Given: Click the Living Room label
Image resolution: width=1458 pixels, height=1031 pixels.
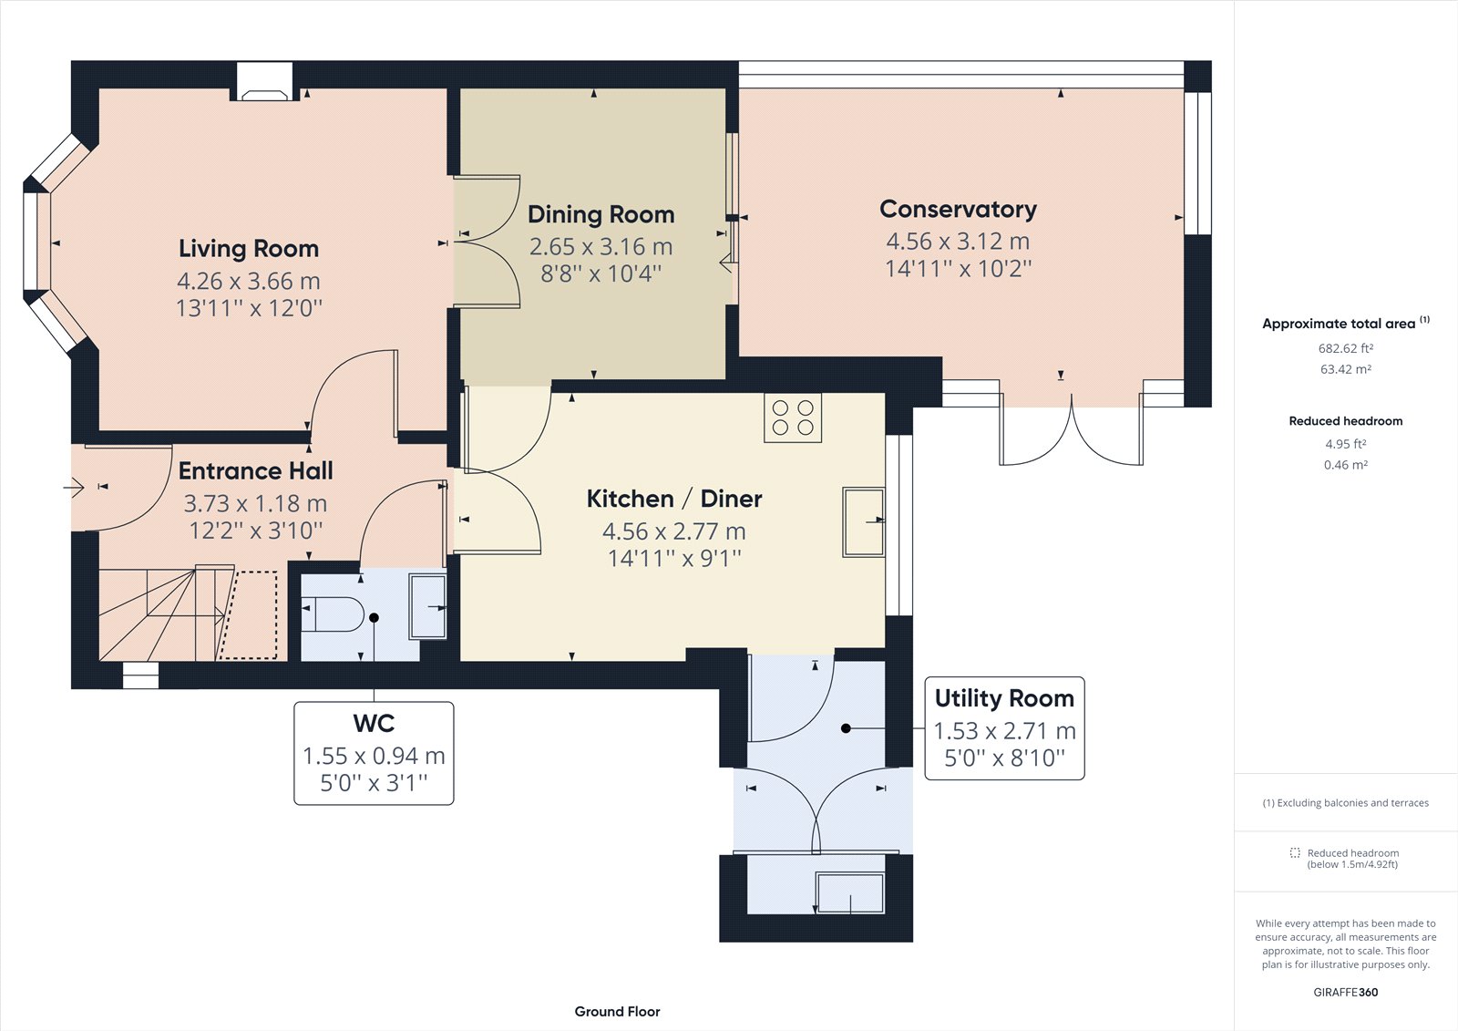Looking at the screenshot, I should point(248,248).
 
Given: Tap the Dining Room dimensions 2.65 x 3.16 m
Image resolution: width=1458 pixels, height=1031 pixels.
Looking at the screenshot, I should point(601,246).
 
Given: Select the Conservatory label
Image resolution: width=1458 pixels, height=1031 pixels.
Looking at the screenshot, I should point(958,209).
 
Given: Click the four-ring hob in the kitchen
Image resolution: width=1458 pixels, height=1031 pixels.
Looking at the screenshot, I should point(793,418).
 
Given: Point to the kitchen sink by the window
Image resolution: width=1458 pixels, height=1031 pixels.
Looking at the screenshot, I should point(862,522).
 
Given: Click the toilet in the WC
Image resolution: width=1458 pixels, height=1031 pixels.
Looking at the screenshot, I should point(334,614).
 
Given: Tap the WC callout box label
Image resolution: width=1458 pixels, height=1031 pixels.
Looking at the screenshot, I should point(374,724).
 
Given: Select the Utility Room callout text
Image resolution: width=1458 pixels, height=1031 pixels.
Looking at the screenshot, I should point(1004,698).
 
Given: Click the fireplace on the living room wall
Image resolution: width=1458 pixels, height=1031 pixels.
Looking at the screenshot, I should point(264,82).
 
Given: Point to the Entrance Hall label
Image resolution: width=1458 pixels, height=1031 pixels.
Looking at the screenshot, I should point(255,470).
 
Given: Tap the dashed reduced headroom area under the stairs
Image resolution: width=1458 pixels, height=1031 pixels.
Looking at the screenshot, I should point(250,614).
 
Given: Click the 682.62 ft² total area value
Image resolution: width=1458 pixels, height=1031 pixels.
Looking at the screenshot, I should point(1345,348).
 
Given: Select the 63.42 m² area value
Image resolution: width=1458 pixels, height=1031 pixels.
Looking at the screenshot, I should point(1345,369).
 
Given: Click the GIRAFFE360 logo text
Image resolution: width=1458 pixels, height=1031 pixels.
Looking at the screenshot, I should point(1345,992).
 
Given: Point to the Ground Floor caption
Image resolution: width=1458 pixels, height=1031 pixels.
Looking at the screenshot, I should point(617,1011).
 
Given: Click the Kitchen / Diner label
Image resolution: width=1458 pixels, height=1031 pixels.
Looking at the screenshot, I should point(673,499).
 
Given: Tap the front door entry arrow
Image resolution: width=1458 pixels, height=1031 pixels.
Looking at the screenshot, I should point(74,489).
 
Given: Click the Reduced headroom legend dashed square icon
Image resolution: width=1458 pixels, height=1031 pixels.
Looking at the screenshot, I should point(1295,853).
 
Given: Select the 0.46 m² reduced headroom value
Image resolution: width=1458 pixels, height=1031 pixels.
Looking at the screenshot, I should point(1345,465).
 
